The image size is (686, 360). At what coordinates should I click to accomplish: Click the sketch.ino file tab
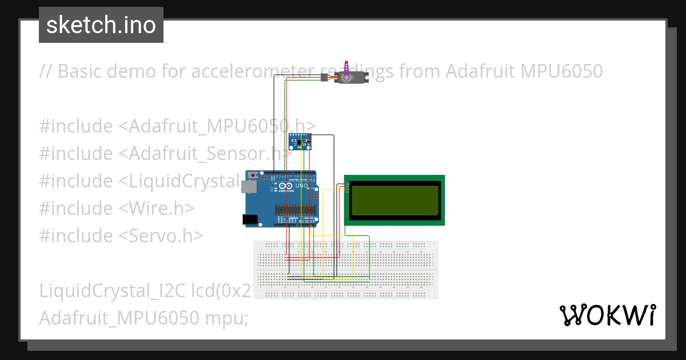coord(101,25)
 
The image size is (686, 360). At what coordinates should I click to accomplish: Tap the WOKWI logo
coord(607,315)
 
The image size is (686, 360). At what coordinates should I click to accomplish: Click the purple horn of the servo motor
coord(346,67)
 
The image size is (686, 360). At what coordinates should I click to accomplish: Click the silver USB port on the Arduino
coord(248,187)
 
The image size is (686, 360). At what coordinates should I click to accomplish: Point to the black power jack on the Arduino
coord(250,219)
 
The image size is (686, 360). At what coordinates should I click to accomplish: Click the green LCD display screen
coord(394,199)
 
